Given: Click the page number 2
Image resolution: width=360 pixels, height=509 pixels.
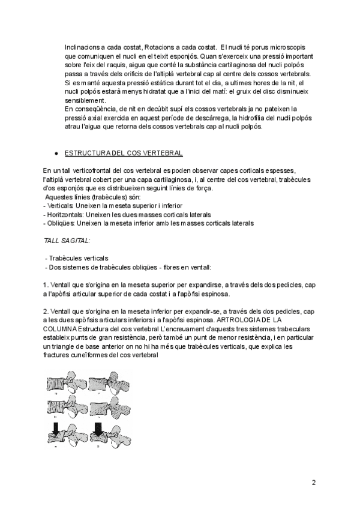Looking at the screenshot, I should pyautogui.click(x=313, y=482).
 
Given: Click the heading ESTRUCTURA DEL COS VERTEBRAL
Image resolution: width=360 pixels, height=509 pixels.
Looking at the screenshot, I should pyautogui.click(x=124, y=154).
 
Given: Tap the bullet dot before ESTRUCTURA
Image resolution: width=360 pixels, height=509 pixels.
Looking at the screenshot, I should pyautogui.click(x=55, y=154).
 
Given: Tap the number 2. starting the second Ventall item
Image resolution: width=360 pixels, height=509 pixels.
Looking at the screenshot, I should pyautogui.click(x=47, y=312).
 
